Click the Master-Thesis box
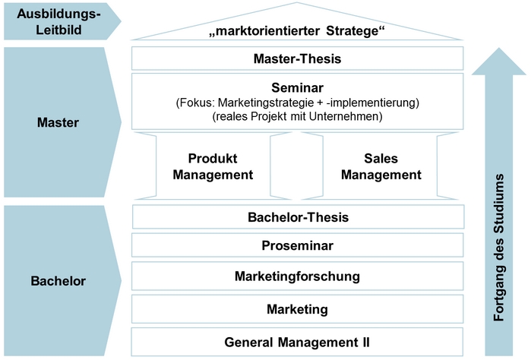point(297,58)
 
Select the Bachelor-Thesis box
point(298,217)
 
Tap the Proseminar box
point(297,245)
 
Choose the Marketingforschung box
point(297,276)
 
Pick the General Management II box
point(297,342)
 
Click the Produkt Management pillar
point(213,166)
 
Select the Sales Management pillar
point(381,166)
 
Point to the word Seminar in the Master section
point(297,87)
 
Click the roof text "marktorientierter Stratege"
point(297,31)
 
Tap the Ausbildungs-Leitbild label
point(59,22)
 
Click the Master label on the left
point(58,122)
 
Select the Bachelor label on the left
point(58,281)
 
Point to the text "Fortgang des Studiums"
point(499,248)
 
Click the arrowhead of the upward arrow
point(499,62)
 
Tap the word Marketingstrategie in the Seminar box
point(266,103)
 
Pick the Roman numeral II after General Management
point(365,342)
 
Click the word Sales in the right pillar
point(381,159)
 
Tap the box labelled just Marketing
point(297,309)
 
